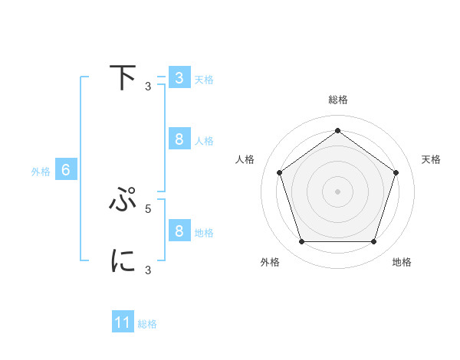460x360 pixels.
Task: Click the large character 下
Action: click(123, 78)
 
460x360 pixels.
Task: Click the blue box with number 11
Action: click(123, 322)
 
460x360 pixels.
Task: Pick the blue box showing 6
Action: click(65, 170)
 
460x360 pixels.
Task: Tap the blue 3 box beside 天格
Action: click(179, 78)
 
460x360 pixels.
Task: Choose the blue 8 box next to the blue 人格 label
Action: click(179, 139)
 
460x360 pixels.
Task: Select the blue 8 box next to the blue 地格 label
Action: click(179, 231)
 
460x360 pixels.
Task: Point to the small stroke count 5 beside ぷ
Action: click(148, 208)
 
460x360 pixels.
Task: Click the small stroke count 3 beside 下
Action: click(148, 86)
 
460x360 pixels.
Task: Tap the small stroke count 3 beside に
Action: click(148, 270)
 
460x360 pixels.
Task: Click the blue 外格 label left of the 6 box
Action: click(41, 172)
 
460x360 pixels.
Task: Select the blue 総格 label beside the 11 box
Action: click(147, 324)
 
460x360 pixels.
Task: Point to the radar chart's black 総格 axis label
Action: click(337, 100)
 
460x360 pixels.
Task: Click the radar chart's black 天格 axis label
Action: click(432, 159)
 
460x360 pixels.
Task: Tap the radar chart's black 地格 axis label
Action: click(402, 263)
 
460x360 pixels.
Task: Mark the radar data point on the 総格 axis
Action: click(337, 130)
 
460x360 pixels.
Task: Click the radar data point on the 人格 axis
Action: click(279, 172)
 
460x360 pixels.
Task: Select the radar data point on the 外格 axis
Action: click(301, 242)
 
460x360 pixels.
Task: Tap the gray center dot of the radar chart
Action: click(337, 191)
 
